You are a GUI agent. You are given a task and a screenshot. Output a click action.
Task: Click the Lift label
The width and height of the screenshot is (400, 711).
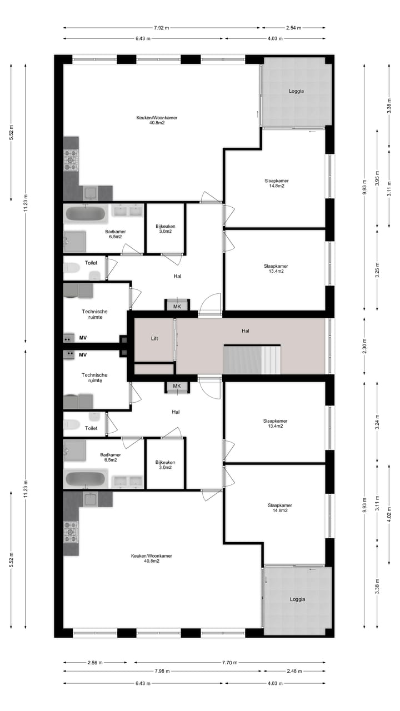coord(154,338)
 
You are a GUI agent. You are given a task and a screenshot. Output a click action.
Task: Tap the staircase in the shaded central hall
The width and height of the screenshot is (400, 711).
coord(253,359)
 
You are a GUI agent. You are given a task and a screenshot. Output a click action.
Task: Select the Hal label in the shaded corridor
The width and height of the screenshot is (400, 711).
coord(245,331)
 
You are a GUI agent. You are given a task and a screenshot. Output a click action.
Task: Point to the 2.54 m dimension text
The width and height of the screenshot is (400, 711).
coord(294,27)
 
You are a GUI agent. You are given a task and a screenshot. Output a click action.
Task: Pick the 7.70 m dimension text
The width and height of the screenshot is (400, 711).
coord(229,663)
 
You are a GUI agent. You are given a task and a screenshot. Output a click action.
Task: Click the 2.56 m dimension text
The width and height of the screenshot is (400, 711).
coord(95,663)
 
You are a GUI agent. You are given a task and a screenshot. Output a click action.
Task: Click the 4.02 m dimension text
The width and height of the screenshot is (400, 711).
coord(377,518)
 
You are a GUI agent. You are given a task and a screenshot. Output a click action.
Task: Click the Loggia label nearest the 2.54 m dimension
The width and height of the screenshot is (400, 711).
coord(296,91)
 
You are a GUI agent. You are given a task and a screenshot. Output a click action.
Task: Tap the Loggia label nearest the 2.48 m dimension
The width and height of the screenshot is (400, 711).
coord(297,599)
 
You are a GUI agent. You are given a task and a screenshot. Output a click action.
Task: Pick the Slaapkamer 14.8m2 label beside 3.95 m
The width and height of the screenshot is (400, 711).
coord(276,183)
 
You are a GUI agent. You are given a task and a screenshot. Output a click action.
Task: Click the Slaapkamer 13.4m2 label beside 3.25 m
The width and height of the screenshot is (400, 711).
coord(276,269)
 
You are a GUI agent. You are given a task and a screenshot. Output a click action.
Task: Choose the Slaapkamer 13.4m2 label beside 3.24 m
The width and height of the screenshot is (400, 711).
coord(276,423)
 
